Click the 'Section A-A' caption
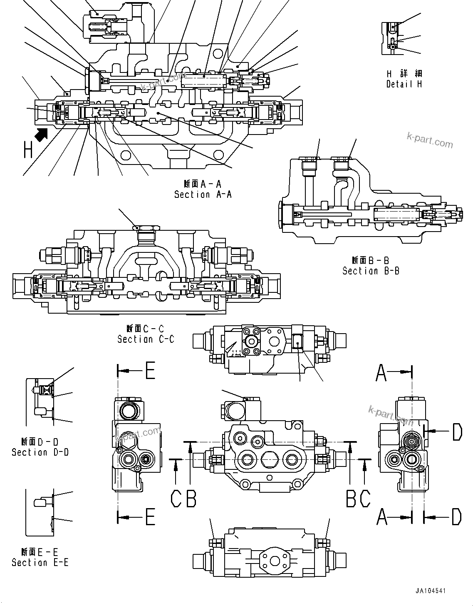(203, 194)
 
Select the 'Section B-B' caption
(371, 271)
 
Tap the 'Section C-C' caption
(146, 339)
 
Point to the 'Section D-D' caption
(40, 452)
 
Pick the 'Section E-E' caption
(40, 562)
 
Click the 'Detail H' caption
(404, 84)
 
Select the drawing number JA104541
(430, 591)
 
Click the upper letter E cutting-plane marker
(149, 370)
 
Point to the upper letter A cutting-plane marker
(381, 372)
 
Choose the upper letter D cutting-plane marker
(457, 431)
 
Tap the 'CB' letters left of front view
(183, 498)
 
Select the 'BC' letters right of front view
(358, 498)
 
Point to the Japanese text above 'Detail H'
(404, 74)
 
